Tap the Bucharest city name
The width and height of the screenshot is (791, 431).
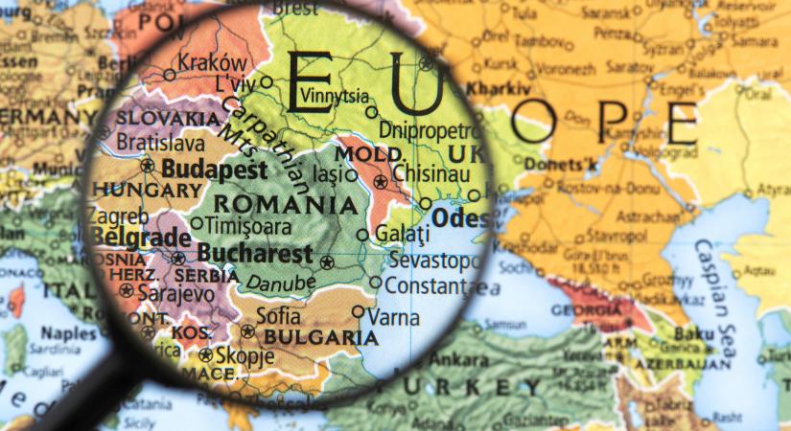coord(254,255)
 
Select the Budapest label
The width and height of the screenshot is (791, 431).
coord(214,169)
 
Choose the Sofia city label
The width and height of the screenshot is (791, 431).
coord(278,315)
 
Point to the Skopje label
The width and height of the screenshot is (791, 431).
coord(238,353)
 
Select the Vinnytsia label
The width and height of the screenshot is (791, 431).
coord(334,96)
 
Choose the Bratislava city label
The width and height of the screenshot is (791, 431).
coord(160,144)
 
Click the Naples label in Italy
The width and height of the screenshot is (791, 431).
coord(68,333)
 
